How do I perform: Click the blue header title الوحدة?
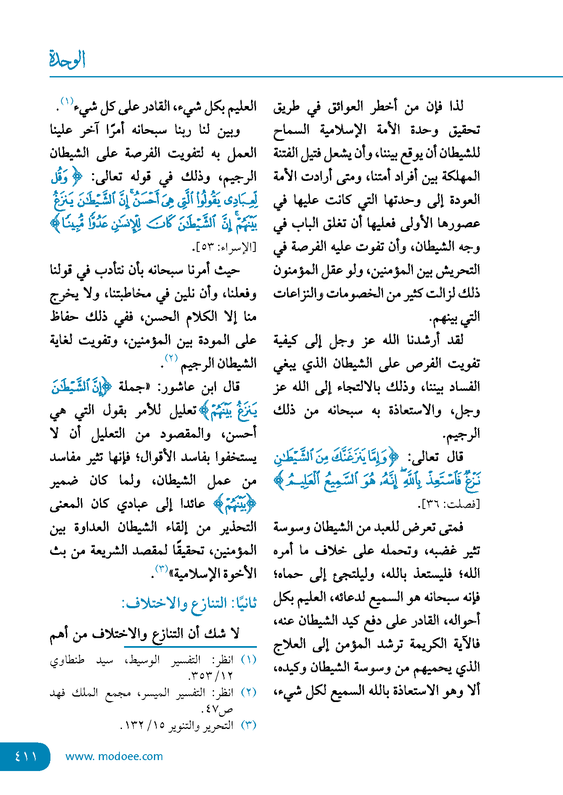click(x=67, y=59)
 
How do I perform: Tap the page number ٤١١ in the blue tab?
click(x=26, y=756)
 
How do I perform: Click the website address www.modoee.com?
click(x=114, y=756)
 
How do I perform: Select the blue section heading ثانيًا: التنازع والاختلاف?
click(x=189, y=604)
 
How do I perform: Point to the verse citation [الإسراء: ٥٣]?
click(x=226, y=247)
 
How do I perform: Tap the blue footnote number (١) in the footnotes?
click(x=249, y=660)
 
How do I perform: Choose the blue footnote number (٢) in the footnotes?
click(x=249, y=692)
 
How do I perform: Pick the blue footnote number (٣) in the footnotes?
click(x=249, y=725)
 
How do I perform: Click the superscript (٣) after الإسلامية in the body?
click(x=162, y=569)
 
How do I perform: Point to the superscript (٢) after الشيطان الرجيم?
click(x=171, y=358)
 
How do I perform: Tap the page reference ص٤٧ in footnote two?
click(x=219, y=709)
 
